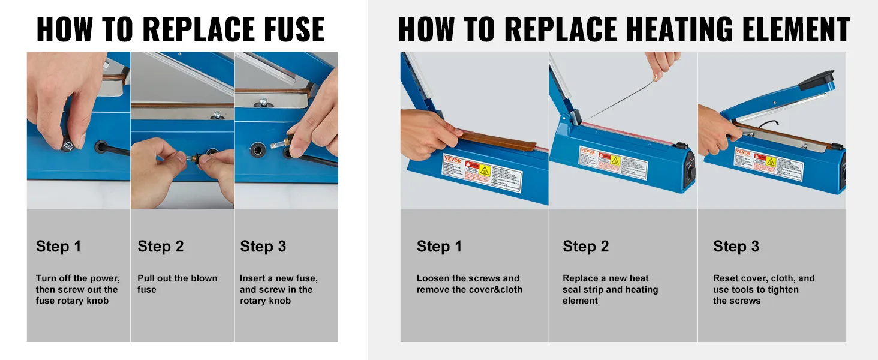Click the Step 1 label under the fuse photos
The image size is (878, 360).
(x=58, y=247)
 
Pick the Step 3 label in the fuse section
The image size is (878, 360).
(x=263, y=247)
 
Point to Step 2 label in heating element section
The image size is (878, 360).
(x=585, y=247)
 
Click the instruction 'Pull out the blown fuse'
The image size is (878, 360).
(x=177, y=284)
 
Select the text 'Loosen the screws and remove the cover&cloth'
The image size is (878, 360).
(x=469, y=284)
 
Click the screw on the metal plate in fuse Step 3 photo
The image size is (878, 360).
(x=263, y=103)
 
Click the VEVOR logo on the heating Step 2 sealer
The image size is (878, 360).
(x=588, y=152)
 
